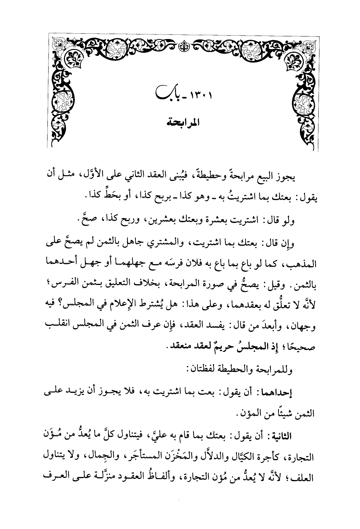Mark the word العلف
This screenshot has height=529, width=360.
tap(54, 474)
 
